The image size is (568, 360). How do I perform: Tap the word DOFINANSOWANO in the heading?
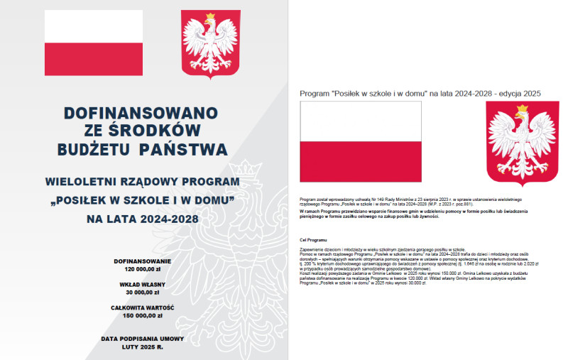tap(141, 113)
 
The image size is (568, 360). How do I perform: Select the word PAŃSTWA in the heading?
tap(184, 149)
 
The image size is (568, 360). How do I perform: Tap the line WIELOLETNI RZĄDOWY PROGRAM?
tap(141, 182)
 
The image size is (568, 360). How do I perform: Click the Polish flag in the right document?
tap(361, 141)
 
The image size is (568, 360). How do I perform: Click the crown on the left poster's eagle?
tap(210, 17)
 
